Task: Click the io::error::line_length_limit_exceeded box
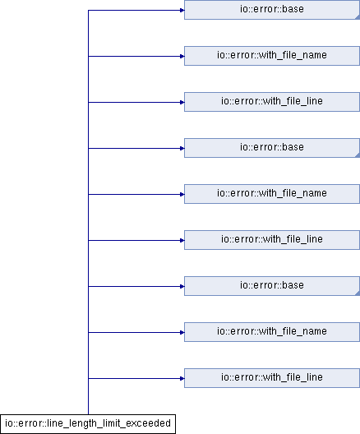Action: [88, 424]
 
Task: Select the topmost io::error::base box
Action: [272, 10]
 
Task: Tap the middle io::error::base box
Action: [272, 148]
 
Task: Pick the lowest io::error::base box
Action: [272, 286]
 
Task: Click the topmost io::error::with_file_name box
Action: [272, 56]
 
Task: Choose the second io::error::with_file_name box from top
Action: [272, 194]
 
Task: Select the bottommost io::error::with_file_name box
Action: [272, 332]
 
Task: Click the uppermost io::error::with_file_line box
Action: [272, 102]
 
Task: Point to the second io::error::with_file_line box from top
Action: [272, 240]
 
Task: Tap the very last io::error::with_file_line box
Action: [272, 378]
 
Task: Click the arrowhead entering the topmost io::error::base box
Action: [182, 10]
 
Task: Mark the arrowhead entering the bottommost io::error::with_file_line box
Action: [182, 378]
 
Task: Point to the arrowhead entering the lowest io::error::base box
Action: [182, 287]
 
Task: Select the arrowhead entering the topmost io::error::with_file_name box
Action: [182, 56]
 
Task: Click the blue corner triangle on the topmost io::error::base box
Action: [358, 17]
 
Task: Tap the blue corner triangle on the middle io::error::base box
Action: [358, 155]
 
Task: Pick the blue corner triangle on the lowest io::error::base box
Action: [358, 293]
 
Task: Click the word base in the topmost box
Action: [293, 9]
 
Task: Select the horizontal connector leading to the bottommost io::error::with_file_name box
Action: [136, 332]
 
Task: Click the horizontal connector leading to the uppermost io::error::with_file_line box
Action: [136, 103]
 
